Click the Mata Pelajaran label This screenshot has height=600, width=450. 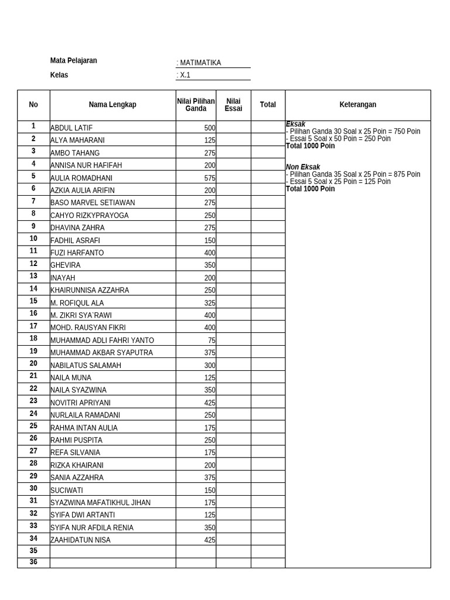click(x=73, y=60)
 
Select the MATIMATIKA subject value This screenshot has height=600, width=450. click(x=200, y=63)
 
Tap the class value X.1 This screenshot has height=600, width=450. click(x=185, y=75)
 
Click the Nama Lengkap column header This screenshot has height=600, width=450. click(x=112, y=105)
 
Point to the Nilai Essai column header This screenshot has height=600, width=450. click(x=233, y=105)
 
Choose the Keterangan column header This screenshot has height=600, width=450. click(x=357, y=105)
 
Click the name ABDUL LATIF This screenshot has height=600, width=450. click(x=71, y=128)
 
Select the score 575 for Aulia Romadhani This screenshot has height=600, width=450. click(x=209, y=178)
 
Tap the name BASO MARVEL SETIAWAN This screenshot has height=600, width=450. click(x=93, y=203)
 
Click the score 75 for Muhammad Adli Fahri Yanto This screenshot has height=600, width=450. click(x=212, y=340)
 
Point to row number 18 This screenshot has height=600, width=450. click(x=33, y=339)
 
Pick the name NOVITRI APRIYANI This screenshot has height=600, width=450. click(x=80, y=403)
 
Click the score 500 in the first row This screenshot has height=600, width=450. click(x=209, y=128)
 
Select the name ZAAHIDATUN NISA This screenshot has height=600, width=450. click(x=80, y=540)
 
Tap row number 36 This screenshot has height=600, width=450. click(x=33, y=562)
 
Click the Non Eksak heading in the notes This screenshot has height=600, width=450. click(x=303, y=167)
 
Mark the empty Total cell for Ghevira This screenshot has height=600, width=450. click(x=268, y=265)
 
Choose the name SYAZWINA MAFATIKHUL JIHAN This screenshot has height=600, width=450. click(x=100, y=503)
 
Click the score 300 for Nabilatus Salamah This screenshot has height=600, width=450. click(x=209, y=366)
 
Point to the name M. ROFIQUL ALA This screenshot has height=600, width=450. click(x=77, y=303)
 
